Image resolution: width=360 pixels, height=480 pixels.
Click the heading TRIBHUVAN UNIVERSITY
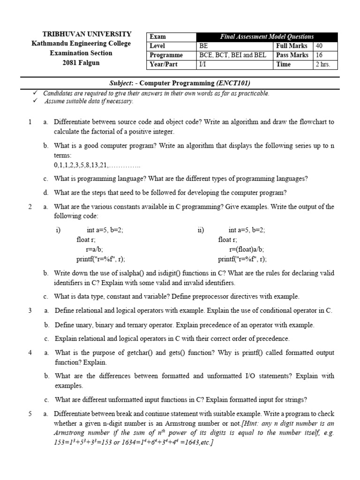pos(87,34)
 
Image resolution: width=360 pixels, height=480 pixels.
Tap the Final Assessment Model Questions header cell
pos(267,37)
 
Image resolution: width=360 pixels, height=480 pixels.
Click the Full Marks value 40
pos(320,46)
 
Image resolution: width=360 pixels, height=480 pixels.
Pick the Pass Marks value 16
pos(319,55)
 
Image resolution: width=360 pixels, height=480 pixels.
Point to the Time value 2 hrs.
pos(323,64)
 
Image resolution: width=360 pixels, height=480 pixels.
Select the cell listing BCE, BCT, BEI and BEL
pos(232,55)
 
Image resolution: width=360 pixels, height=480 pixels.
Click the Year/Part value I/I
pos(202,64)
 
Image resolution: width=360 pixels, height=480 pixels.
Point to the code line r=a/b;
pos(95,249)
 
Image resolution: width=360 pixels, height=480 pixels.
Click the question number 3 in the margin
pos(30,310)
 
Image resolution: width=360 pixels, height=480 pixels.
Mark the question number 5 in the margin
pos(30,414)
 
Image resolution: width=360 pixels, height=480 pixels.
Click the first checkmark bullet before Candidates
pos(35,93)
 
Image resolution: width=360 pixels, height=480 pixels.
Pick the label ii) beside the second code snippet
pos(201,230)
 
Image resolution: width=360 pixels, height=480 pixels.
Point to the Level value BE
pos(203,46)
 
